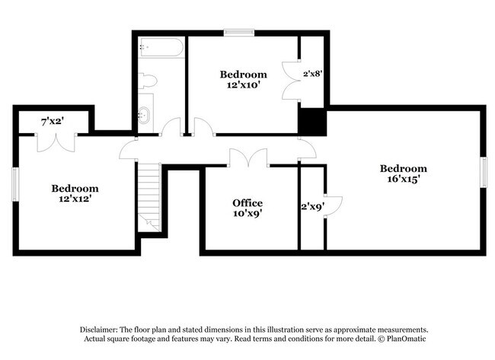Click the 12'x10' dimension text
tap(243, 85)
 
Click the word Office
tap(247, 203)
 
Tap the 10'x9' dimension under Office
tap(247, 214)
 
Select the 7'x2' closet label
tap(52, 120)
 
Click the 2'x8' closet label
tap(313, 74)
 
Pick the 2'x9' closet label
tap(311, 206)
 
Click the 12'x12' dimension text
tap(75, 199)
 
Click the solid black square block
tap(311, 120)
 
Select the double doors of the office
tap(248, 158)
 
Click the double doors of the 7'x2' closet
tap(57, 142)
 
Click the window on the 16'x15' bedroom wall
tap(482, 170)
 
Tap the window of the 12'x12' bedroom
tap(15, 184)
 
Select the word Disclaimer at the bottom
tap(103, 327)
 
